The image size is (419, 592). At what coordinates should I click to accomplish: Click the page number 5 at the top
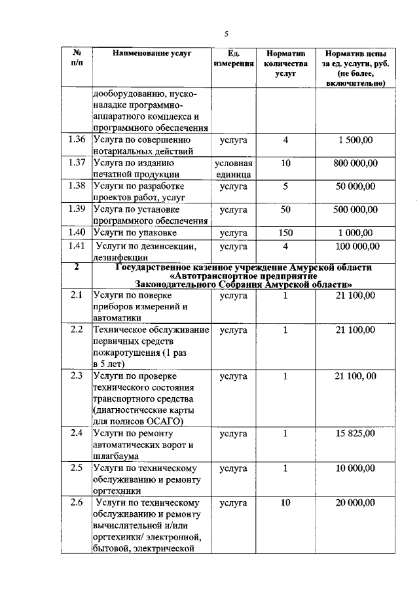click(x=227, y=33)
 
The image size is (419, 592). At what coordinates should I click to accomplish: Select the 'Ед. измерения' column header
click(x=233, y=59)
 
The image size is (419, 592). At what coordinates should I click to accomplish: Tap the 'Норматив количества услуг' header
click(x=285, y=63)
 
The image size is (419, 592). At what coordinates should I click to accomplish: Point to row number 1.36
click(x=77, y=139)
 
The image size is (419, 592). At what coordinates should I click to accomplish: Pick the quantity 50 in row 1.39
click(x=285, y=209)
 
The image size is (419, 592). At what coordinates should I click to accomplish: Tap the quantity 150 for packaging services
click(x=285, y=232)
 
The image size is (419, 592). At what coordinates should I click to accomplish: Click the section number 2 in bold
click(x=77, y=266)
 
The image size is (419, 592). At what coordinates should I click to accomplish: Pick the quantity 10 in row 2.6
click(x=285, y=502)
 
